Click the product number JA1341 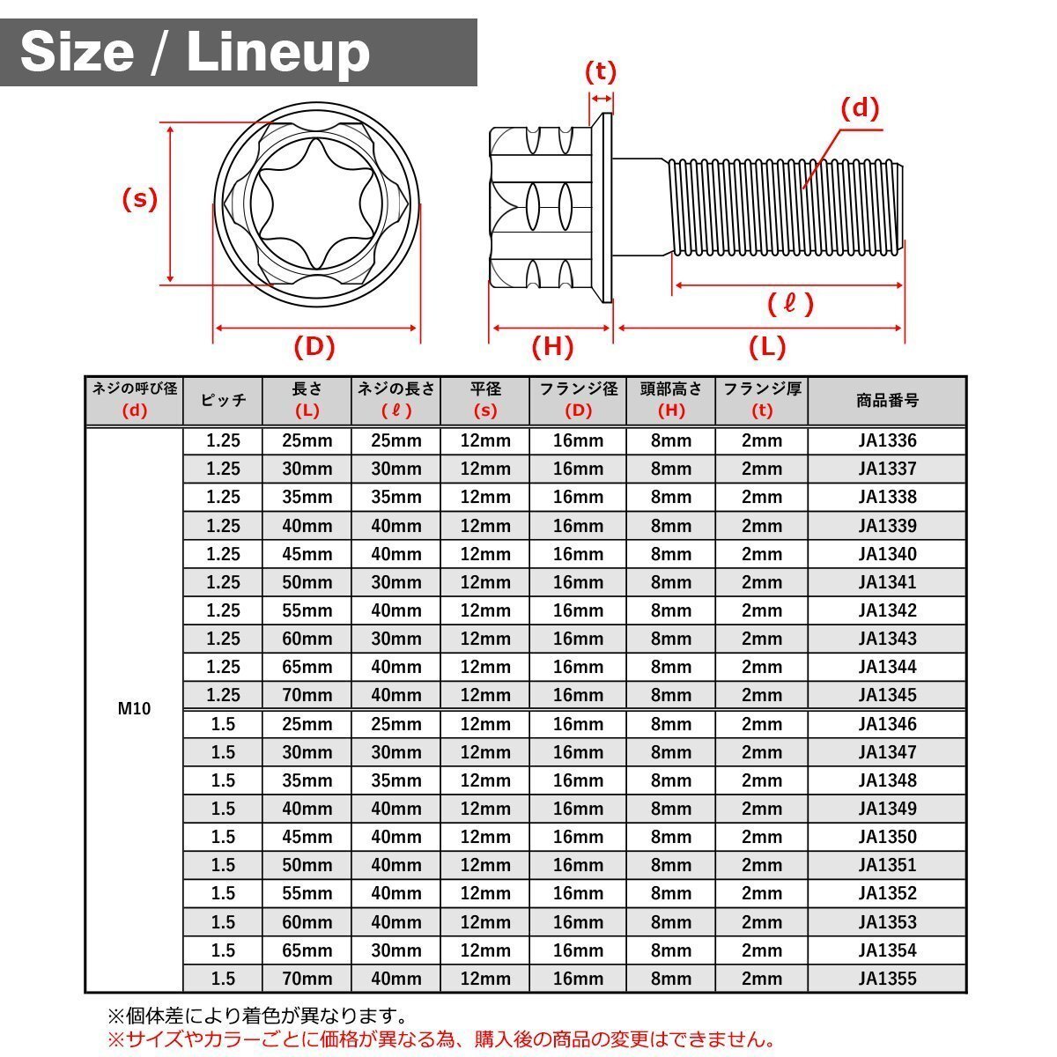pos(887,582)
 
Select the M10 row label pos(134,709)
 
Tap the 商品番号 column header pos(887,401)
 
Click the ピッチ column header pos(223,401)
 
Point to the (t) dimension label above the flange pos(601,72)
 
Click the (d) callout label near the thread pos(860,108)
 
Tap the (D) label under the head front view pos(314,347)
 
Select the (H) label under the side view pos(552,347)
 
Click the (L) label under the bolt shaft pos(767,347)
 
